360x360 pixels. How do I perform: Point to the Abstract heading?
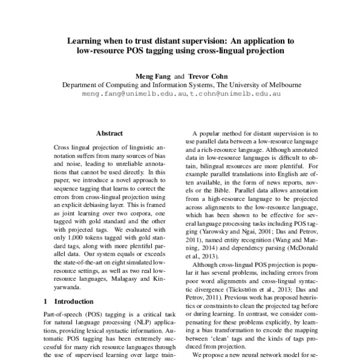point(109,133)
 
